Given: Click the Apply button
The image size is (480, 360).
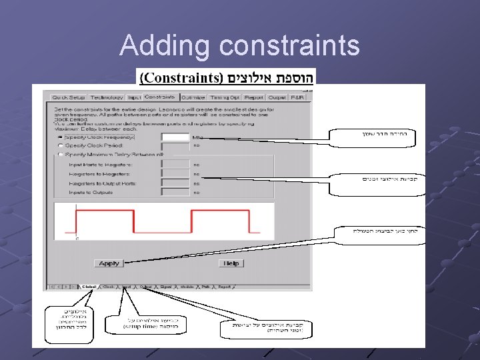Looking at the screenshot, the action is click(109, 263).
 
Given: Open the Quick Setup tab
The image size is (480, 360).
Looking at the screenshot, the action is click(69, 97).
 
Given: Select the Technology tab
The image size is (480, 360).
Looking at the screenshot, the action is click(107, 97).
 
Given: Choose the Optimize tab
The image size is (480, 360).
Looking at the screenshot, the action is click(193, 97).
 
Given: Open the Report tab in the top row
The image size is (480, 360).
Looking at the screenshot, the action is click(254, 97).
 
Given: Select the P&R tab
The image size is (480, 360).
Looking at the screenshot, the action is click(298, 97).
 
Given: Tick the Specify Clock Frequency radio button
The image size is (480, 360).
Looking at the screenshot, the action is click(61, 137).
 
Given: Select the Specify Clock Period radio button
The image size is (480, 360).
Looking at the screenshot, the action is click(61, 145).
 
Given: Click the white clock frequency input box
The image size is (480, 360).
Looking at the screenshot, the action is click(176, 137).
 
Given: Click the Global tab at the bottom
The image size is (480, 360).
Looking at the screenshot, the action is click(89, 287).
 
